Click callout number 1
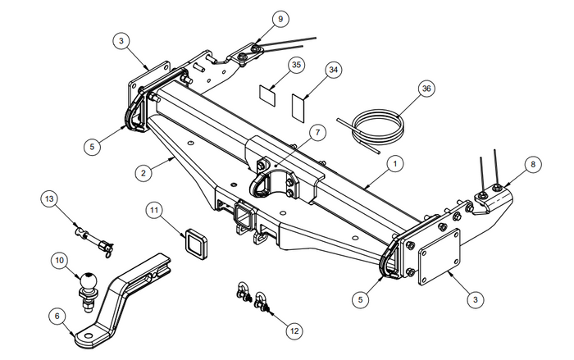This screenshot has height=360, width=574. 395,164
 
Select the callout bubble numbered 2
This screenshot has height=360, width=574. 143,173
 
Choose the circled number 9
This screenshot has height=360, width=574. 257,18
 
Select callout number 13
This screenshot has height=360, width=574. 49,198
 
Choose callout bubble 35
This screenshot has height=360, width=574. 297,65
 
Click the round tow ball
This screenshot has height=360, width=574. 89,281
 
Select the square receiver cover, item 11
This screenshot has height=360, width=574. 197,244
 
